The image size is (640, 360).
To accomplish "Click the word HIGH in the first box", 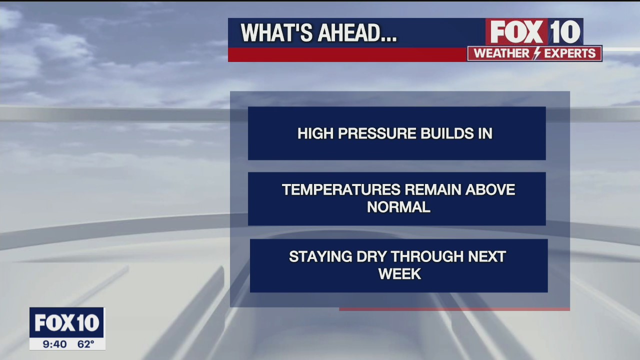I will [314, 133].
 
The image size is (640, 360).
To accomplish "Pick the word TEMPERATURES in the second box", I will [341, 190].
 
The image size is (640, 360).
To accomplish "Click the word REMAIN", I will [433, 190].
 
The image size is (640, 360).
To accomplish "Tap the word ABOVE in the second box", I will [492, 190].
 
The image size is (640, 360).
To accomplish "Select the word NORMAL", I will [398, 207].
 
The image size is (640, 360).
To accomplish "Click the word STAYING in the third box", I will [320, 257].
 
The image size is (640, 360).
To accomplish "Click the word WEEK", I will [399, 274].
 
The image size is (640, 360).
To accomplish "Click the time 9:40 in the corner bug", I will [55, 344].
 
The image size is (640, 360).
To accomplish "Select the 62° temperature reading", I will [85, 344].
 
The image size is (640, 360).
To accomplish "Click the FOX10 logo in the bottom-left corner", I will [66, 323].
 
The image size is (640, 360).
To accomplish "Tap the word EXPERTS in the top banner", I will [569, 53].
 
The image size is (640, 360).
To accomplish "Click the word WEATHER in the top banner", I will [501, 53].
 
